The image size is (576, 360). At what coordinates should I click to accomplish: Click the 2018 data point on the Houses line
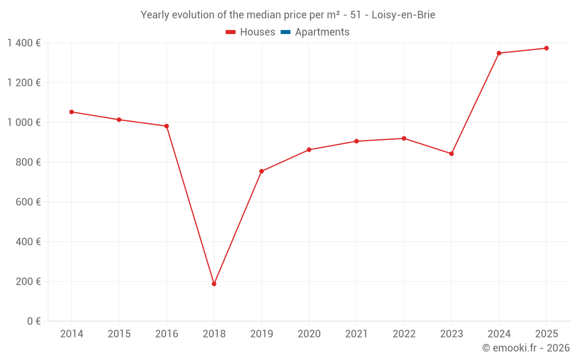tap(214, 284)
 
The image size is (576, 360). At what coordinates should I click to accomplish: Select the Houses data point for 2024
tap(499, 53)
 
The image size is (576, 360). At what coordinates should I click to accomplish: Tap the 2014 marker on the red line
tap(71, 112)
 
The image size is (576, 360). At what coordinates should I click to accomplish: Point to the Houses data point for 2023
tap(451, 154)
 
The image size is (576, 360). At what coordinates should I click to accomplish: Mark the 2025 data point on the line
tap(546, 48)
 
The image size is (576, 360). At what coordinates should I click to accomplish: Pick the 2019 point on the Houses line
tap(262, 171)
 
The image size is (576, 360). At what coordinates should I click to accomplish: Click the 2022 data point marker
tap(404, 138)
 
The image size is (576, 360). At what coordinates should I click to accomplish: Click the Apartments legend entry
tap(322, 32)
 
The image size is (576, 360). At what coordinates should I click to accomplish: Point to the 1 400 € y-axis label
tap(24, 43)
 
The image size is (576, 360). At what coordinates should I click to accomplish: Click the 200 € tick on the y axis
tap(28, 282)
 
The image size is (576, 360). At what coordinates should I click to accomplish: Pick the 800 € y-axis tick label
tap(28, 162)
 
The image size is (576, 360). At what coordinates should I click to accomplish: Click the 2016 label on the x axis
tap(166, 334)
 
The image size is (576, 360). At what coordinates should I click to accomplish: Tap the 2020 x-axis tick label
tap(309, 334)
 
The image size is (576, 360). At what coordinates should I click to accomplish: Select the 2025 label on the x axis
tap(546, 334)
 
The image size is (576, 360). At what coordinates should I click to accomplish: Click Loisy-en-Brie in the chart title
tap(403, 15)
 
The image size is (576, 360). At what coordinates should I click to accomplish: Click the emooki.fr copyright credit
tap(526, 348)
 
